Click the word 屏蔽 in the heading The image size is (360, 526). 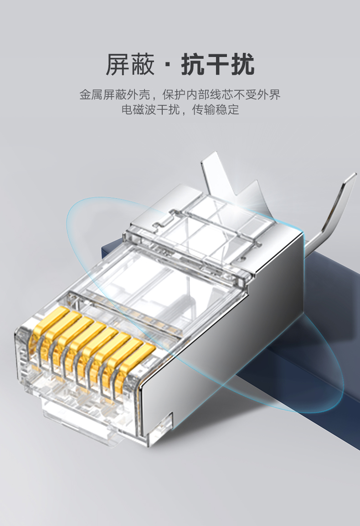click(x=130, y=64)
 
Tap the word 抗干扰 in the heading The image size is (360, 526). click(x=217, y=64)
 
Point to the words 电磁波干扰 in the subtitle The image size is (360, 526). click(x=151, y=109)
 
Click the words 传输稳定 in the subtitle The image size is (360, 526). click(x=216, y=109)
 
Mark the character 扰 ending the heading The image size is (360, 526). click(x=242, y=64)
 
